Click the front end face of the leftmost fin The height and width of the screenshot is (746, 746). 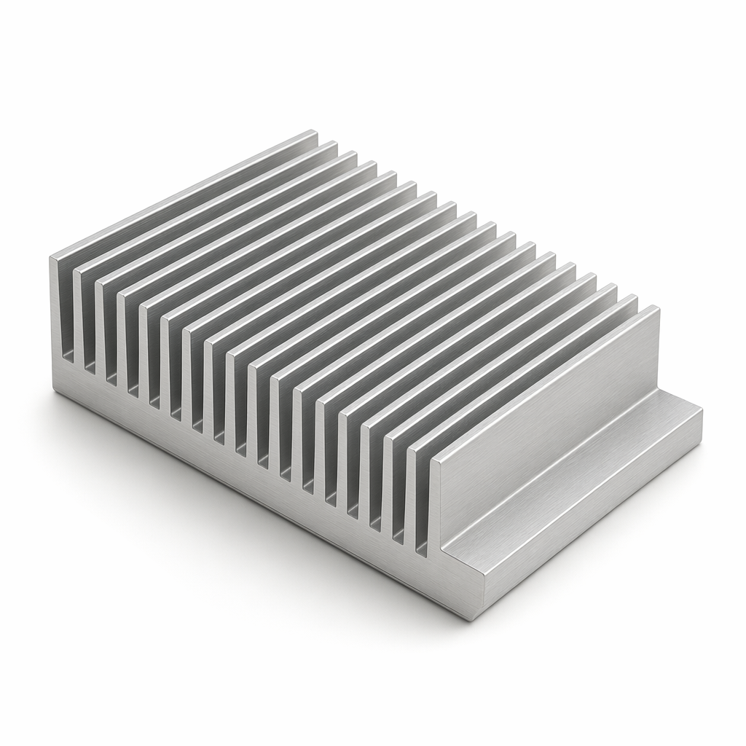(x=61, y=306)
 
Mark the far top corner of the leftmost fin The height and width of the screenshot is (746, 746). (x=315, y=132)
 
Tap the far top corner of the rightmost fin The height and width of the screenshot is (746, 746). (x=658, y=308)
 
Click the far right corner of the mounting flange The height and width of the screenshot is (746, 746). (x=701, y=412)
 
